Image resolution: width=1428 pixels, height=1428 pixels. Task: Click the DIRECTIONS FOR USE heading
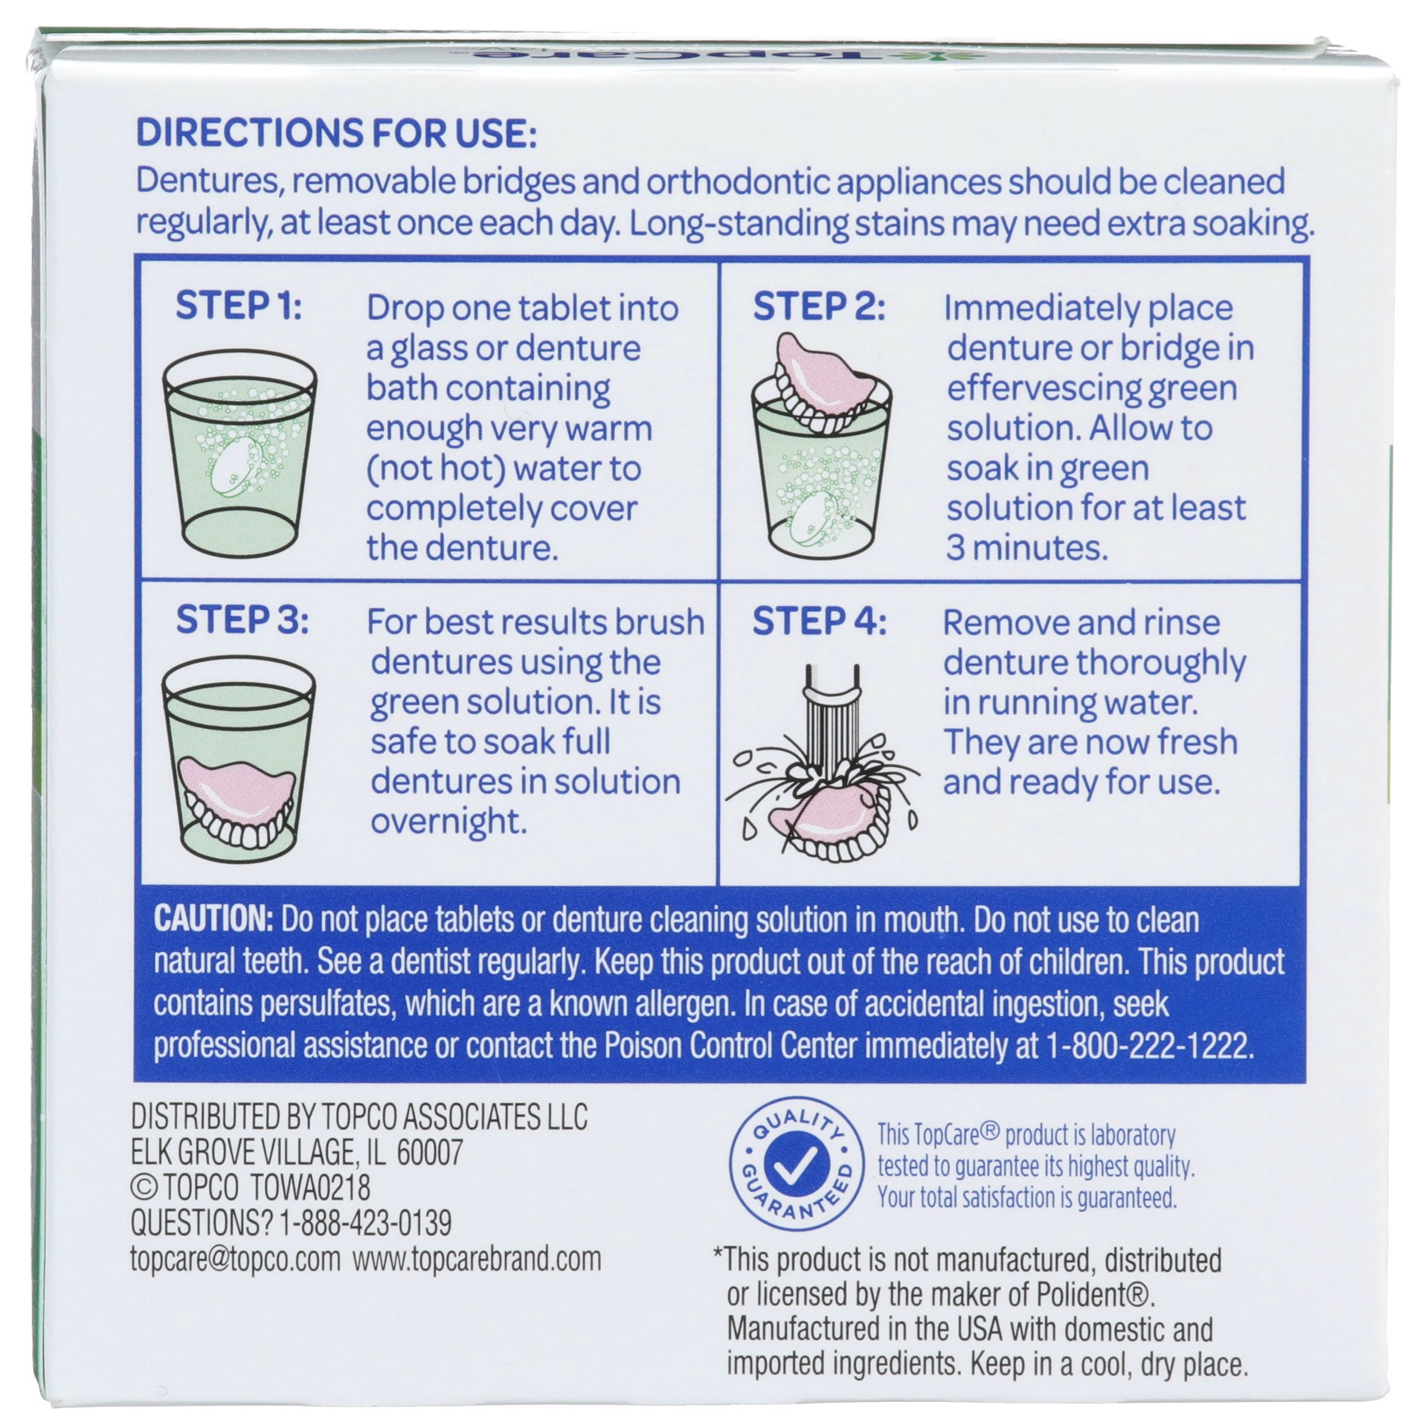[x=335, y=134]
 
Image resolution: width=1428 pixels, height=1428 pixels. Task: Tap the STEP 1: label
[x=239, y=306]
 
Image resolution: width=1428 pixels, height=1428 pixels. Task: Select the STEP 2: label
[x=819, y=306]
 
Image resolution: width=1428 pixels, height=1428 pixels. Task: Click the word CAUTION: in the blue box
[x=213, y=920]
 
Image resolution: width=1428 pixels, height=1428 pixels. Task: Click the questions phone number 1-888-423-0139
[x=364, y=1222]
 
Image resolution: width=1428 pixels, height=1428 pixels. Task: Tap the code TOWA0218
[x=311, y=1188]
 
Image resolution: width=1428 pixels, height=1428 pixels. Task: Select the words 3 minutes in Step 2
[x=1026, y=548]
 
